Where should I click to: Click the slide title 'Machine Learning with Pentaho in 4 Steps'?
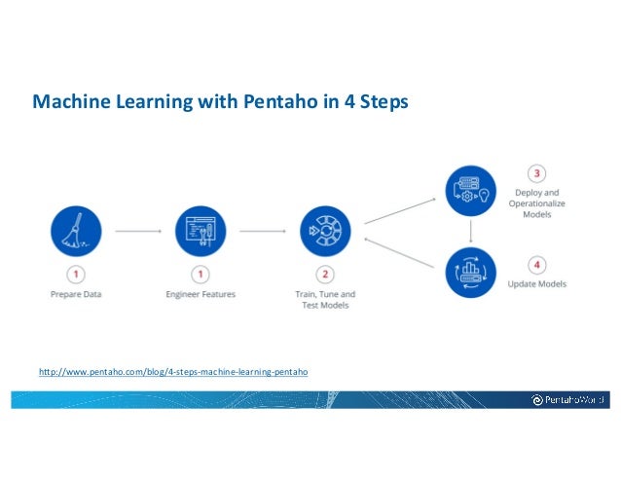tap(222, 100)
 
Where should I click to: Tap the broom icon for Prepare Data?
tap(75, 232)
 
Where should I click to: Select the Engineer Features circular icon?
tap(201, 232)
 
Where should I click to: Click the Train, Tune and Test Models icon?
tap(326, 232)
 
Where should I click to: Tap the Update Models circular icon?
tap(471, 272)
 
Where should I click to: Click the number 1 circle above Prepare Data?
tap(75, 275)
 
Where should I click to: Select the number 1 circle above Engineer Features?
tap(201, 275)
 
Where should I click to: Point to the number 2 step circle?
tap(326, 275)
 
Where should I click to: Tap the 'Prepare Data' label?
tap(75, 294)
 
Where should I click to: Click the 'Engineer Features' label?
tap(201, 294)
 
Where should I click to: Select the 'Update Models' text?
tap(537, 283)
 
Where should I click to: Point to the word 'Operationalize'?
tap(536, 203)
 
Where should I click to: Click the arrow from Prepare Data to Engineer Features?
tap(137, 232)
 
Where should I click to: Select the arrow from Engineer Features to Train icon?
tap(264, 232)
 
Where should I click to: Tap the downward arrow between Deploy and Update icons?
tap(471, 232)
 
